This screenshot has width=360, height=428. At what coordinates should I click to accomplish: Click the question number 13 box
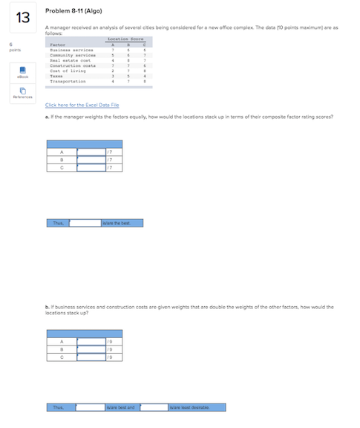click(22, 17)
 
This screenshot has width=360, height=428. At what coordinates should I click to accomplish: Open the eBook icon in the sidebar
click(13, 71)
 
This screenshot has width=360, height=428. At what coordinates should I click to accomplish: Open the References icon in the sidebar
click(13, 91)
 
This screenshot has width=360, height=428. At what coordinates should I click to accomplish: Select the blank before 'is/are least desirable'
click(154, 407)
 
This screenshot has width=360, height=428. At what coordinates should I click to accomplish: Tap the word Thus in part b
click(58, 407)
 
